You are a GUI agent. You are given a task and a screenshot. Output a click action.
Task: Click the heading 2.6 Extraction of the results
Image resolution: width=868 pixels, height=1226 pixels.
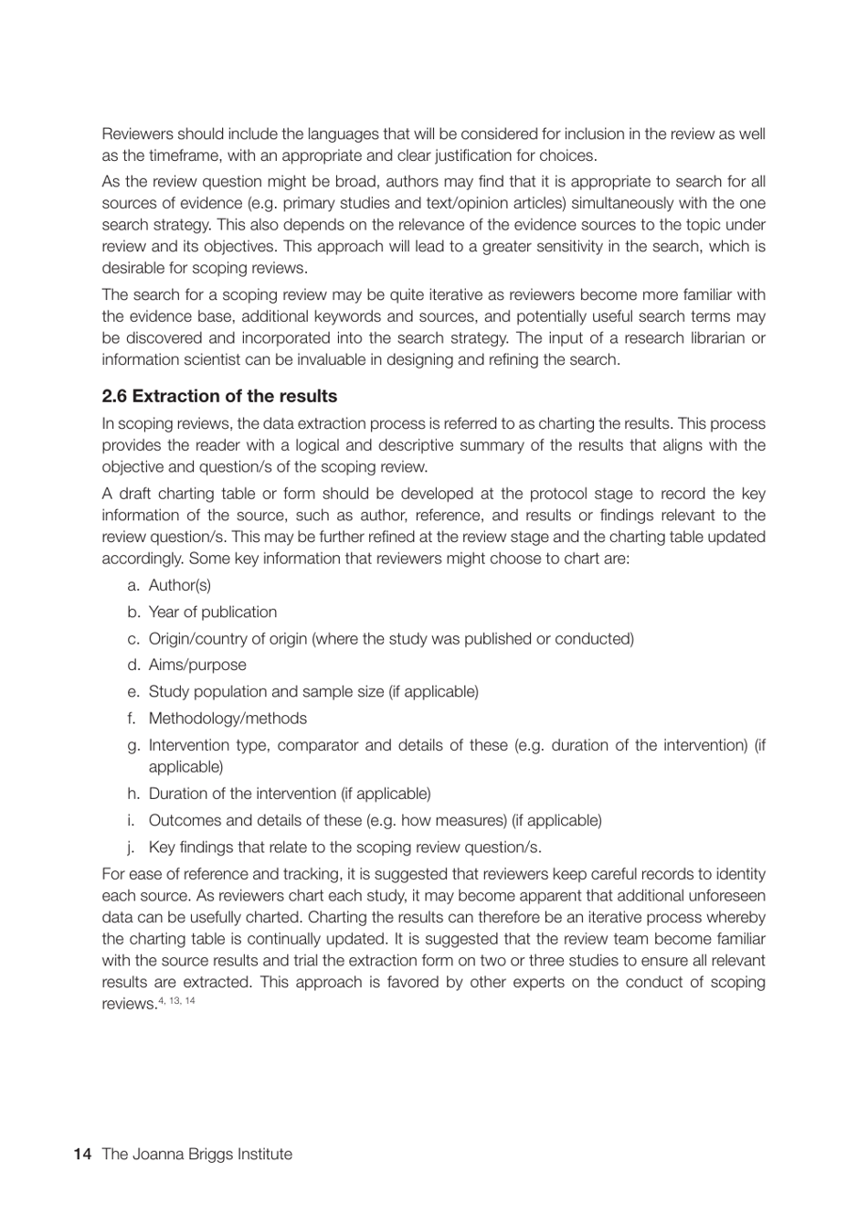[219, 396]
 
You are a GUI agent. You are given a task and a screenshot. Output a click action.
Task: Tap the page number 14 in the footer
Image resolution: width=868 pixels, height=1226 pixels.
[82, 1154]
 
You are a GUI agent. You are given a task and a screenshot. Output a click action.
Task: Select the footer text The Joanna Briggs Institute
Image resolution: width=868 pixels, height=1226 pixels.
[197, 1154]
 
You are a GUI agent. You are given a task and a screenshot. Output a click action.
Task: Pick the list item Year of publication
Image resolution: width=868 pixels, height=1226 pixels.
[212, 612]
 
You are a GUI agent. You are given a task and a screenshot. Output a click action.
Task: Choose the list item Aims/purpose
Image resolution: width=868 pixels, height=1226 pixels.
[197, 665]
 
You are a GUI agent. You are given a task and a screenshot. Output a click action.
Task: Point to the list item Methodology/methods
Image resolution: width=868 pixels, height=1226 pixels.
[228, 719]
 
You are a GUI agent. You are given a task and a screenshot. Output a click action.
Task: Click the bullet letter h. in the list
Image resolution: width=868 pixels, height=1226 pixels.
[133, 794]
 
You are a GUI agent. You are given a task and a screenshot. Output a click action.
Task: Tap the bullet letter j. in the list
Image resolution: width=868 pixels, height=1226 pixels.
[134, 848]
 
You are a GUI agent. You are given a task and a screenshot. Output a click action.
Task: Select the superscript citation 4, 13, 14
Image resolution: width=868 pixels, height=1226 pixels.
[176, 1001]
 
